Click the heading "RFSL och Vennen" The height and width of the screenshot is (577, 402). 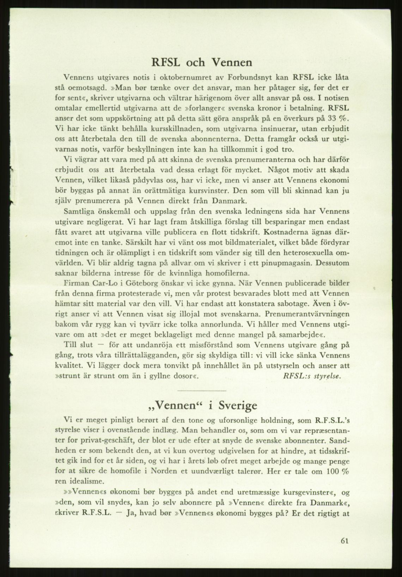tap(201, 62)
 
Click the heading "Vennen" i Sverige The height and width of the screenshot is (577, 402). tap(202, 405)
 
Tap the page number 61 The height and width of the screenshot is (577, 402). tap(345, 541)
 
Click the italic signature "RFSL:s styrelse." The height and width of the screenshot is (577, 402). tap(312, 376)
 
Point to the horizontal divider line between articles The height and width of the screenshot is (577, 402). tap(201, 391)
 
